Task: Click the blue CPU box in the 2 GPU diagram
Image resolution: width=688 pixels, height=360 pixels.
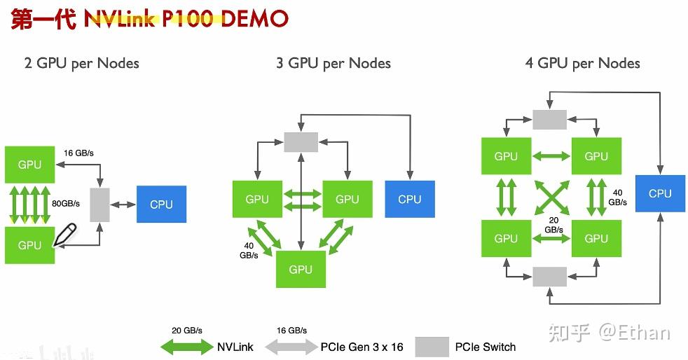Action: click(x=161, y=205)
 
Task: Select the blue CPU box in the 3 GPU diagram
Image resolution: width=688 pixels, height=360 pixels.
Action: click(x=410, y=199)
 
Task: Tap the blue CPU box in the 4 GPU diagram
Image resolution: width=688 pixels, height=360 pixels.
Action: click(x=659, y=193)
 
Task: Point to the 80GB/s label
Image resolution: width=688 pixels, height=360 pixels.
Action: click(x=66, y=204)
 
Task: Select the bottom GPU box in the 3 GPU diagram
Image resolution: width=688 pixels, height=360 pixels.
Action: click(x=301, y=270)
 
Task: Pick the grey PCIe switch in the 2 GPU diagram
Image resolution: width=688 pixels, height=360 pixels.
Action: click(x=101, y=205)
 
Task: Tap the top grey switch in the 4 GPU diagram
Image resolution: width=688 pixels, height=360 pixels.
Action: click(x=549, y=119)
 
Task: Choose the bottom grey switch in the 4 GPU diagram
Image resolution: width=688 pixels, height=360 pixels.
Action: click(x=549, y=276)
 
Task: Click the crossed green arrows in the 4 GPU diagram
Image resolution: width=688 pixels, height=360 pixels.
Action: click(x=551, y=198)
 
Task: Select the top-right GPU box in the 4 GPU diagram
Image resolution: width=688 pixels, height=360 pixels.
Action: click(x=596, y=156)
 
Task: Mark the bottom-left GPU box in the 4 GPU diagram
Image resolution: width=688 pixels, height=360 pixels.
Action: click(x=505, y=239)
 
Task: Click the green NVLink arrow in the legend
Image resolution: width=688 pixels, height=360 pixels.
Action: click(x=186, y=346)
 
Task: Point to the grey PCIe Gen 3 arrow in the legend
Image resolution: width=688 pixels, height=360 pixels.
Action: click(x=291, y=346)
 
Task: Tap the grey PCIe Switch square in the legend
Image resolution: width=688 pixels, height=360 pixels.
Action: click(x=432, y=347)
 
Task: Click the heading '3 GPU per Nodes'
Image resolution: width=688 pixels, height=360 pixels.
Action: click(x=333, y=63)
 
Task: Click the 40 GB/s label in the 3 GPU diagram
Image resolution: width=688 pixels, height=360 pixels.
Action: click(x=249, y=251)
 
